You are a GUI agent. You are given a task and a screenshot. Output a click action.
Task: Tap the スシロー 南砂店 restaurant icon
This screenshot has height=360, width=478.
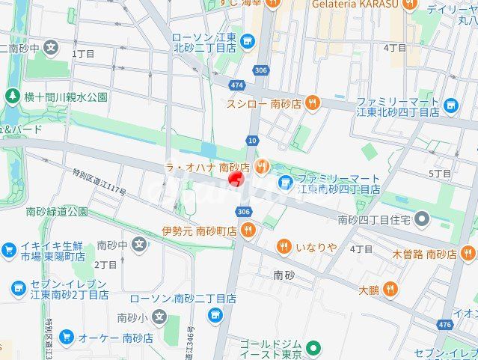click(312, 104)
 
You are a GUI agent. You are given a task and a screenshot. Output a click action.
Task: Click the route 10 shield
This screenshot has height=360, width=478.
click(251, 140)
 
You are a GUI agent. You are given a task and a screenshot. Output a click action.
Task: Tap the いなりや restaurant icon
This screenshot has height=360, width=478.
click(284, 246)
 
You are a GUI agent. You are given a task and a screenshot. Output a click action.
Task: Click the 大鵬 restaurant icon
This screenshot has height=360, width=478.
click(390, 290)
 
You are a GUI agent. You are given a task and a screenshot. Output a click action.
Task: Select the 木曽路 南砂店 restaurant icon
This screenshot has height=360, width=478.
click(468, 254)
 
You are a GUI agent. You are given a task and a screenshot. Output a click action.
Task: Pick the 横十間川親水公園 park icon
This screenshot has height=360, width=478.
click(12, 97)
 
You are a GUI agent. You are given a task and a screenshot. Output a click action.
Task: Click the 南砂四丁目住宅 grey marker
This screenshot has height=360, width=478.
click(422, 220)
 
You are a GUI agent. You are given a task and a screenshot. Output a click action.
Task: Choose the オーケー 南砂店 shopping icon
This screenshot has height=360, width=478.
click(66, 338)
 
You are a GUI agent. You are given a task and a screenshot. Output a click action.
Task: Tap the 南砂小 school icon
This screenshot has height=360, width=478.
click(157, 317)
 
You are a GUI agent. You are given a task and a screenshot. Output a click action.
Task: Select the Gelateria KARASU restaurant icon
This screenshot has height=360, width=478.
click(408, 4)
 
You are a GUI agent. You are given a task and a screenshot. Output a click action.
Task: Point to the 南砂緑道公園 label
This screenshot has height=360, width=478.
click(56, 212)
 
